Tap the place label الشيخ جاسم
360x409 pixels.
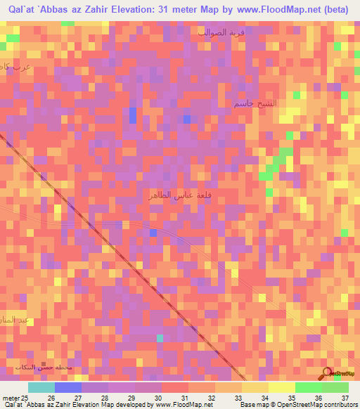tap(256, 103)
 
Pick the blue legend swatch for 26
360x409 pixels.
tap(67, 387)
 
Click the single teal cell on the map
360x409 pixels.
tap(160, 338)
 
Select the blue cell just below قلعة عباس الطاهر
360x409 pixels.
tap(153, 233)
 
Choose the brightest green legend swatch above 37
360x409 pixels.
tap(335, 387)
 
